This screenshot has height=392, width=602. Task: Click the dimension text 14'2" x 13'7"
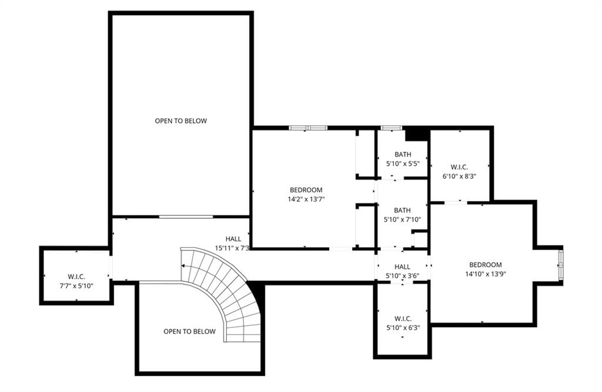pyautogui.click(x=306, y=199)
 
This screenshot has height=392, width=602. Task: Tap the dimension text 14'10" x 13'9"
pyautogui.click(x=485, y=274)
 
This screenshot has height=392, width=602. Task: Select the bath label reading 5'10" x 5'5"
pyautogui.click(x=403, y=164)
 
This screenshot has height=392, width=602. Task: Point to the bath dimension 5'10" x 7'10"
pyautogui.click(x=402, y=220)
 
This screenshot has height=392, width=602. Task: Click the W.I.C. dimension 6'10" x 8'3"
pyautogui.click(x=459, y=177)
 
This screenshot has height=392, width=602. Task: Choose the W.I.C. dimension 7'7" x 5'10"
pyautogui.click(x=76, y=285)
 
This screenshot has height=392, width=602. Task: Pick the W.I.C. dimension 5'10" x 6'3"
pyautogui.click(x=403, y=328)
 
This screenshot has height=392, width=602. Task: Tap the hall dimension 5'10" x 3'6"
pyautogui.click(x=402, y=275)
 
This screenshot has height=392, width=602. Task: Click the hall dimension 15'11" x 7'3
pyautogui.click(x=232, y=248)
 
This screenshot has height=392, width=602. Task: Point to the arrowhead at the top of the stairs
pyautogui.click(x=183, y=265)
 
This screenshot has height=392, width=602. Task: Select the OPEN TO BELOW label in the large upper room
pyautogui.click(x=181, y=121)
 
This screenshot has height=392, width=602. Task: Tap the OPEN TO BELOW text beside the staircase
pyautogui.click(x=189, y=331)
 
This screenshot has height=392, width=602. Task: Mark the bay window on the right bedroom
pyautogui.click(x=561, y=264)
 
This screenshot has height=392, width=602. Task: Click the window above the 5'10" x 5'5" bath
pyautogui.click(x=391, y=128)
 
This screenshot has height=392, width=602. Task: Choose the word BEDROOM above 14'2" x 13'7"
pyautogui.click(x=306, y=190)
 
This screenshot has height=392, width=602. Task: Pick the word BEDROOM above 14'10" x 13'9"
pyautogui.click(x=485, y=265)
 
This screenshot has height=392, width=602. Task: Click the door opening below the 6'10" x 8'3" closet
pyautogui.click(x=456, y=202)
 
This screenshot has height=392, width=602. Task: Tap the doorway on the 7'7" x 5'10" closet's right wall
pyautogui.click(x=111, y=267)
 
